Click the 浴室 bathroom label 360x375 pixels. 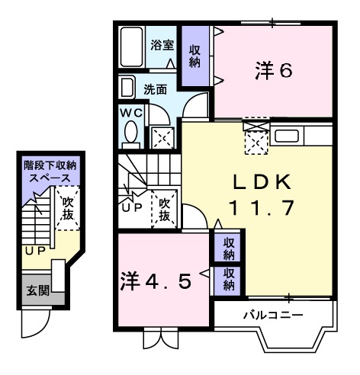162,44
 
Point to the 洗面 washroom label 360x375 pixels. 156,89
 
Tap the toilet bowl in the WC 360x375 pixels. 129,134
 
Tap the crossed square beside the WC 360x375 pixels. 162,137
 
